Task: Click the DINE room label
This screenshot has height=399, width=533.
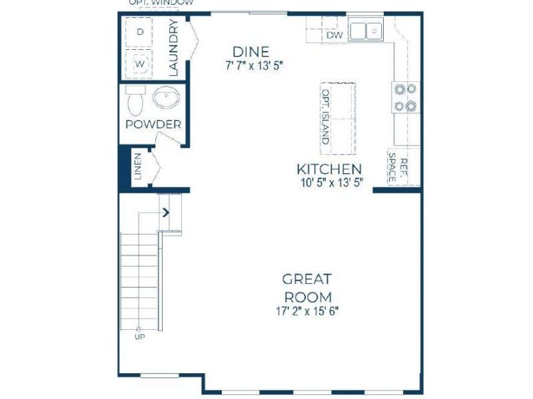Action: (251, 52)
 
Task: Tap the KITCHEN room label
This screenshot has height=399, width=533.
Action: (329, 170)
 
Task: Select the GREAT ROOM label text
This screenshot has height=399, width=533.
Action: (307, 287)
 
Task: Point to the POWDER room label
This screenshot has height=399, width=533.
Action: (153, 124)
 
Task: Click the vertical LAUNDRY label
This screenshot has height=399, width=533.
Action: (173, 48)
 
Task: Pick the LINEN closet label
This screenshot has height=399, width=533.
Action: (138, 167)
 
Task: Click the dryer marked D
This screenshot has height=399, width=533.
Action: (141, 32)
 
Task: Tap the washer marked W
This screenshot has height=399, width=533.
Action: (141, 64)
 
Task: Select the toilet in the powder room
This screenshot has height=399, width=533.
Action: (135, 100)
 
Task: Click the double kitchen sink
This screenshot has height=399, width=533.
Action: (366, 31)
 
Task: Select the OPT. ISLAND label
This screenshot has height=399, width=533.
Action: (326, 118)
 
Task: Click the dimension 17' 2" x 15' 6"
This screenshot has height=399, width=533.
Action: (307, 311)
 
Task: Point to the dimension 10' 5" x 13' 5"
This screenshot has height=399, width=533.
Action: (329, 183)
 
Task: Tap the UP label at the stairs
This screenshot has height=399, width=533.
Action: (140, 337)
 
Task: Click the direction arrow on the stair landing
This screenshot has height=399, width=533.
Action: (166, 213)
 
